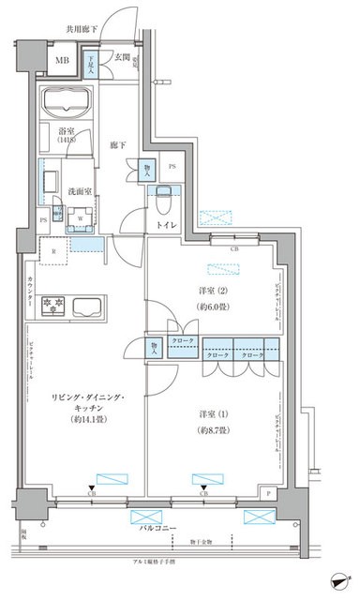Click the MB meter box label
(x=62, y=64)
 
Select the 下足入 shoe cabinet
(x=92, y=66)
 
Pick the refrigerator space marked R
(x=53, y=251)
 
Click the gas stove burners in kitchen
(x=49, y=305)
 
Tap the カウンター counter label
(x=31, y=293)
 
